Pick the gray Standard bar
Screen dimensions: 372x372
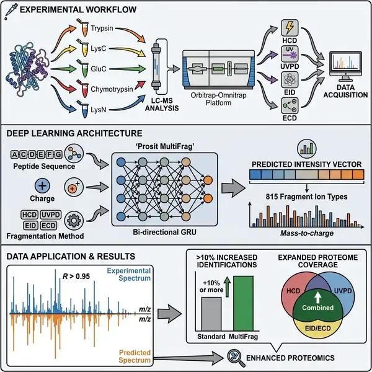click(209, 312)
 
